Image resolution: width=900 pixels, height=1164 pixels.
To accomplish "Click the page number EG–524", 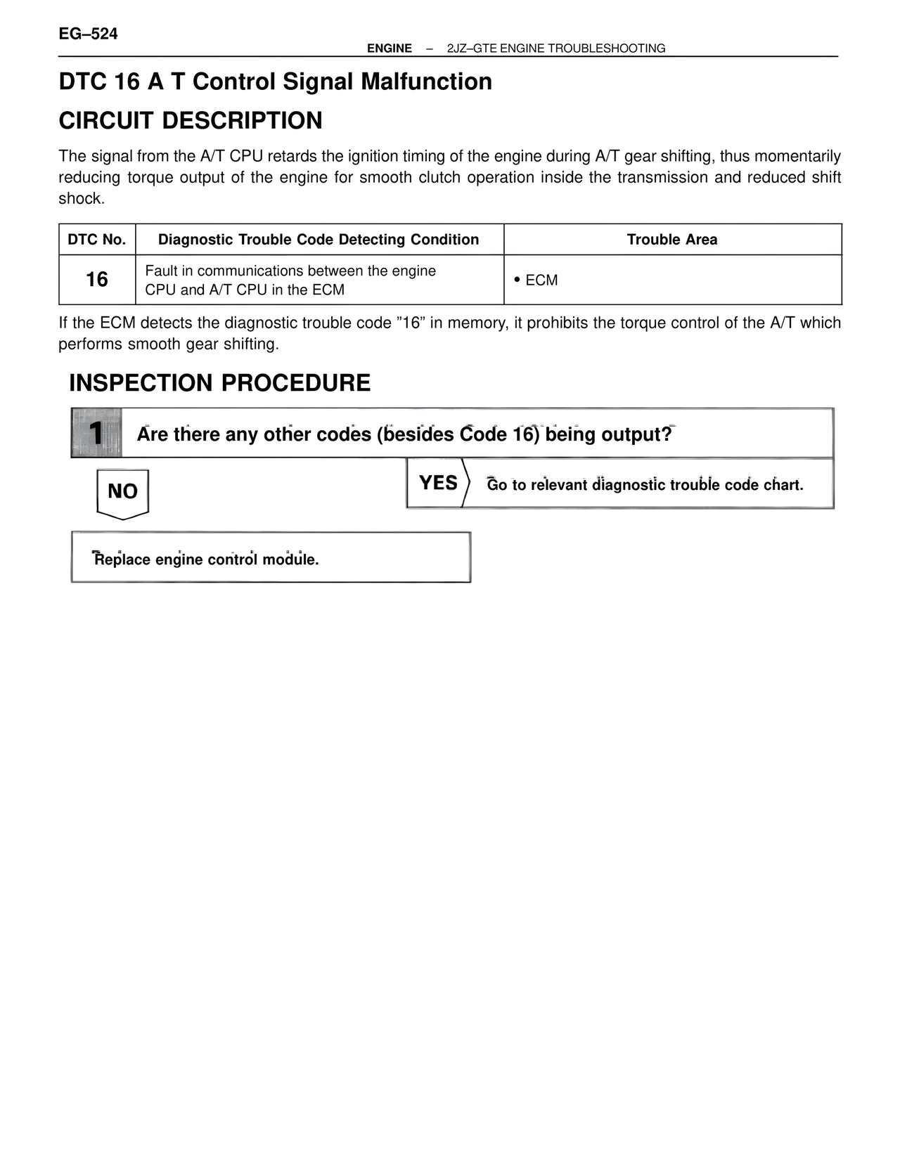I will [88, 34].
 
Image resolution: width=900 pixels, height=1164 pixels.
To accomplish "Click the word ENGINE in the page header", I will [389, 48].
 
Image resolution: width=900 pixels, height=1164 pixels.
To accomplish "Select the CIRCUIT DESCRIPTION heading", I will [191, 120].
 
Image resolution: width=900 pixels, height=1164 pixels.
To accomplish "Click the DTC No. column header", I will [97, 240].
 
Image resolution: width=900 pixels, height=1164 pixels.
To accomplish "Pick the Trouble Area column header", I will [671, 240].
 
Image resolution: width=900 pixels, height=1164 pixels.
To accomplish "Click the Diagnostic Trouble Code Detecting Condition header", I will [319, 240].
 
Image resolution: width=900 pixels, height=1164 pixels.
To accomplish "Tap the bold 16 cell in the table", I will [97, 280].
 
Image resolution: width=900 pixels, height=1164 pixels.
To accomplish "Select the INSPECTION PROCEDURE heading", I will [219, 383].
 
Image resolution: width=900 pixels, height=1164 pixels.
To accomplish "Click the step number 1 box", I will [96, 433].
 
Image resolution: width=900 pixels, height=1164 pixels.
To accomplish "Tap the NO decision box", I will [122, 492].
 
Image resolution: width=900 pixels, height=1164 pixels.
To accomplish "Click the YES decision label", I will [437, 483].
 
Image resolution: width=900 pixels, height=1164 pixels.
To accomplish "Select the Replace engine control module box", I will [271, 558].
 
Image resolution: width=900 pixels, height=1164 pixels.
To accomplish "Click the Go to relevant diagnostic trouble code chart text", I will [645, 485].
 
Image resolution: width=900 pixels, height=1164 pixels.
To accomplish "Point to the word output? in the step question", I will [636, 434].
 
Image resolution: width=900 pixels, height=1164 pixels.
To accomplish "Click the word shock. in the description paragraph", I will [82, 199].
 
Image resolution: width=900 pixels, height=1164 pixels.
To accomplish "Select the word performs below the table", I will [90, 344].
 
